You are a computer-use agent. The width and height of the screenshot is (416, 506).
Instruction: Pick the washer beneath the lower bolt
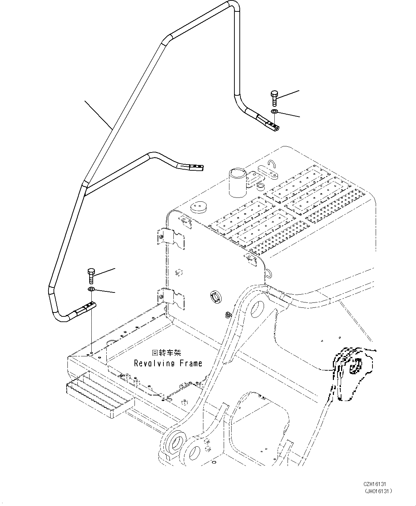point(91,289)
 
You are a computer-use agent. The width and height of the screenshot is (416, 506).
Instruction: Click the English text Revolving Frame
point(168,363)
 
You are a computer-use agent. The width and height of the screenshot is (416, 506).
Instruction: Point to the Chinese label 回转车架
point(166,353)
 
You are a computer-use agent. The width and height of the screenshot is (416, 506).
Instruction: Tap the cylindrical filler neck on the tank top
point(238,182)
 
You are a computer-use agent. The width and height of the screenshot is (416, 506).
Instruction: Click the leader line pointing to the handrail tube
point(98,114)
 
